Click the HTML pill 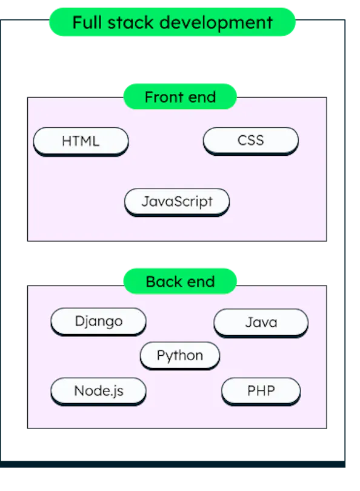point(81,141)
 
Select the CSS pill point(251,141)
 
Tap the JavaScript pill point(177,202)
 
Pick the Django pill point(98,322)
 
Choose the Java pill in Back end point(261,323)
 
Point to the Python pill point(180,356)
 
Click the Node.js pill point(98,392)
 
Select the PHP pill point(261,392)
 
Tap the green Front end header point(180,96)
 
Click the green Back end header point(180,281)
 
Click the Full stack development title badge point(173,22)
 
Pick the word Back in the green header point(164,281)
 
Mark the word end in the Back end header point(201,281)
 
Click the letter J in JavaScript point(145,201)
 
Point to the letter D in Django point(79,321)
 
